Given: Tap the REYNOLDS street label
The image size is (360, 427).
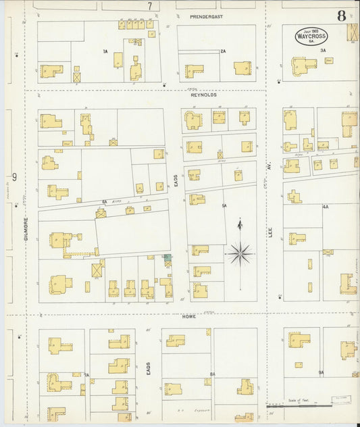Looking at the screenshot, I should (x=203, y=95).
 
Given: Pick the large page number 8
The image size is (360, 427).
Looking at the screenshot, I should (x=342, y=15).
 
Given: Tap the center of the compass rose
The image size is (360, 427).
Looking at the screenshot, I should (x=240, y=254).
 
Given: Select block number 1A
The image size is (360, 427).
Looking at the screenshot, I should (x=105, y=51).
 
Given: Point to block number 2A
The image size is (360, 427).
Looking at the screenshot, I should (x=223, y=51).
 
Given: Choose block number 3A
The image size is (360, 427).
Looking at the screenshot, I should (x=323, y=51).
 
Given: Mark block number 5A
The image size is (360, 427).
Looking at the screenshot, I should (x=223, y=205).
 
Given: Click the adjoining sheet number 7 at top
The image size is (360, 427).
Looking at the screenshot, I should (x=149, y=5).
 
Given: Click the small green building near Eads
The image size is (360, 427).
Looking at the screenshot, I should (x=167, y=257).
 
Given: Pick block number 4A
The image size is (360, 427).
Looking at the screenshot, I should (x=326, y=205).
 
